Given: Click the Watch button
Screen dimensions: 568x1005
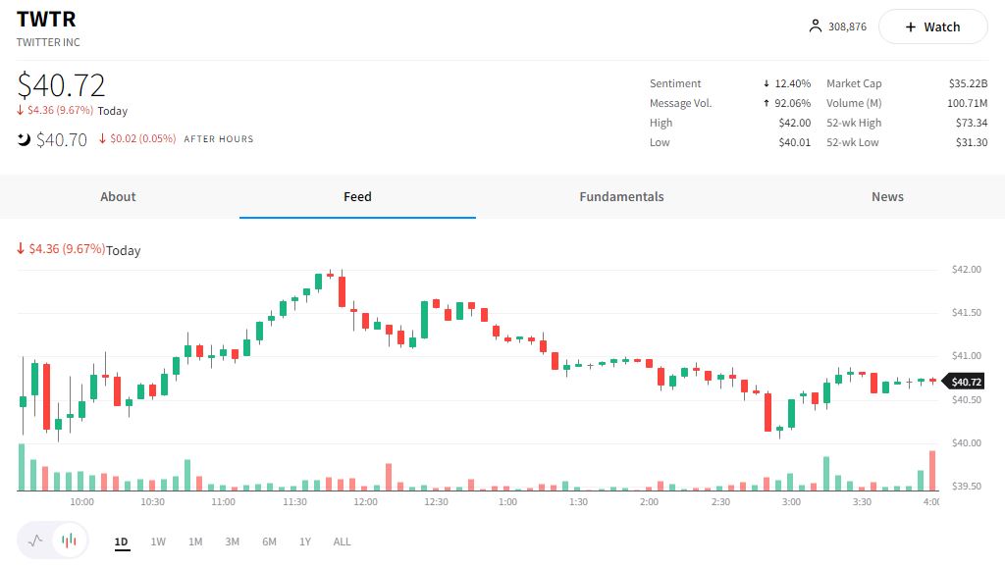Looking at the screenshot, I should tap(932, 27).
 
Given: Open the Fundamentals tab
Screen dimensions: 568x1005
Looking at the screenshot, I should tap(621, 197).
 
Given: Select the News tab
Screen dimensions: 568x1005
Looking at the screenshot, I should tap(887, 197).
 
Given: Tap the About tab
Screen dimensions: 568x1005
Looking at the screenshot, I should tap(118, 197).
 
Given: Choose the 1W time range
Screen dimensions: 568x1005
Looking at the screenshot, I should tap(158, 542).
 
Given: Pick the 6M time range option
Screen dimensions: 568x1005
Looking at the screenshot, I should tap(269, 542).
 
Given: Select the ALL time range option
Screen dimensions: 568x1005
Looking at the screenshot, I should tap(342, 542).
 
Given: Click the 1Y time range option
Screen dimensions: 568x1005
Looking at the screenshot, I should tap(305, 542).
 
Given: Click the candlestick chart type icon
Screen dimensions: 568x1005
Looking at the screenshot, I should tap(69, 541).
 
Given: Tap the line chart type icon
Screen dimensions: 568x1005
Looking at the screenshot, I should tap(36, 541).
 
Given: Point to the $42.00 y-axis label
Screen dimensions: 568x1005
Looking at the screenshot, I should tap(967, 270).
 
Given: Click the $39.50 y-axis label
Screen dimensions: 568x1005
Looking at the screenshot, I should tap(967, 487).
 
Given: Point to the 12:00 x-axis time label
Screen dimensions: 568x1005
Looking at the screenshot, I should tap(365, 502).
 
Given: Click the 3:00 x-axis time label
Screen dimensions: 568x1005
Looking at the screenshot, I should tap(791, 502).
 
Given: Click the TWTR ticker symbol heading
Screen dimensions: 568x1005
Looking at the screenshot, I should tap(46, 20).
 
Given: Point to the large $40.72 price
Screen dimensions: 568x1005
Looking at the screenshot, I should tap(61, 85).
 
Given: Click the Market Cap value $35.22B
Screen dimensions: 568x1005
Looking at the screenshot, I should tap(968, 84).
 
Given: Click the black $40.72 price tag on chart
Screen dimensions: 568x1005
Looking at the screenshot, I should tap(966, 382).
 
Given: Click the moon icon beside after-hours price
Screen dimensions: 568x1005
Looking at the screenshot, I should tap(24, 139).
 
